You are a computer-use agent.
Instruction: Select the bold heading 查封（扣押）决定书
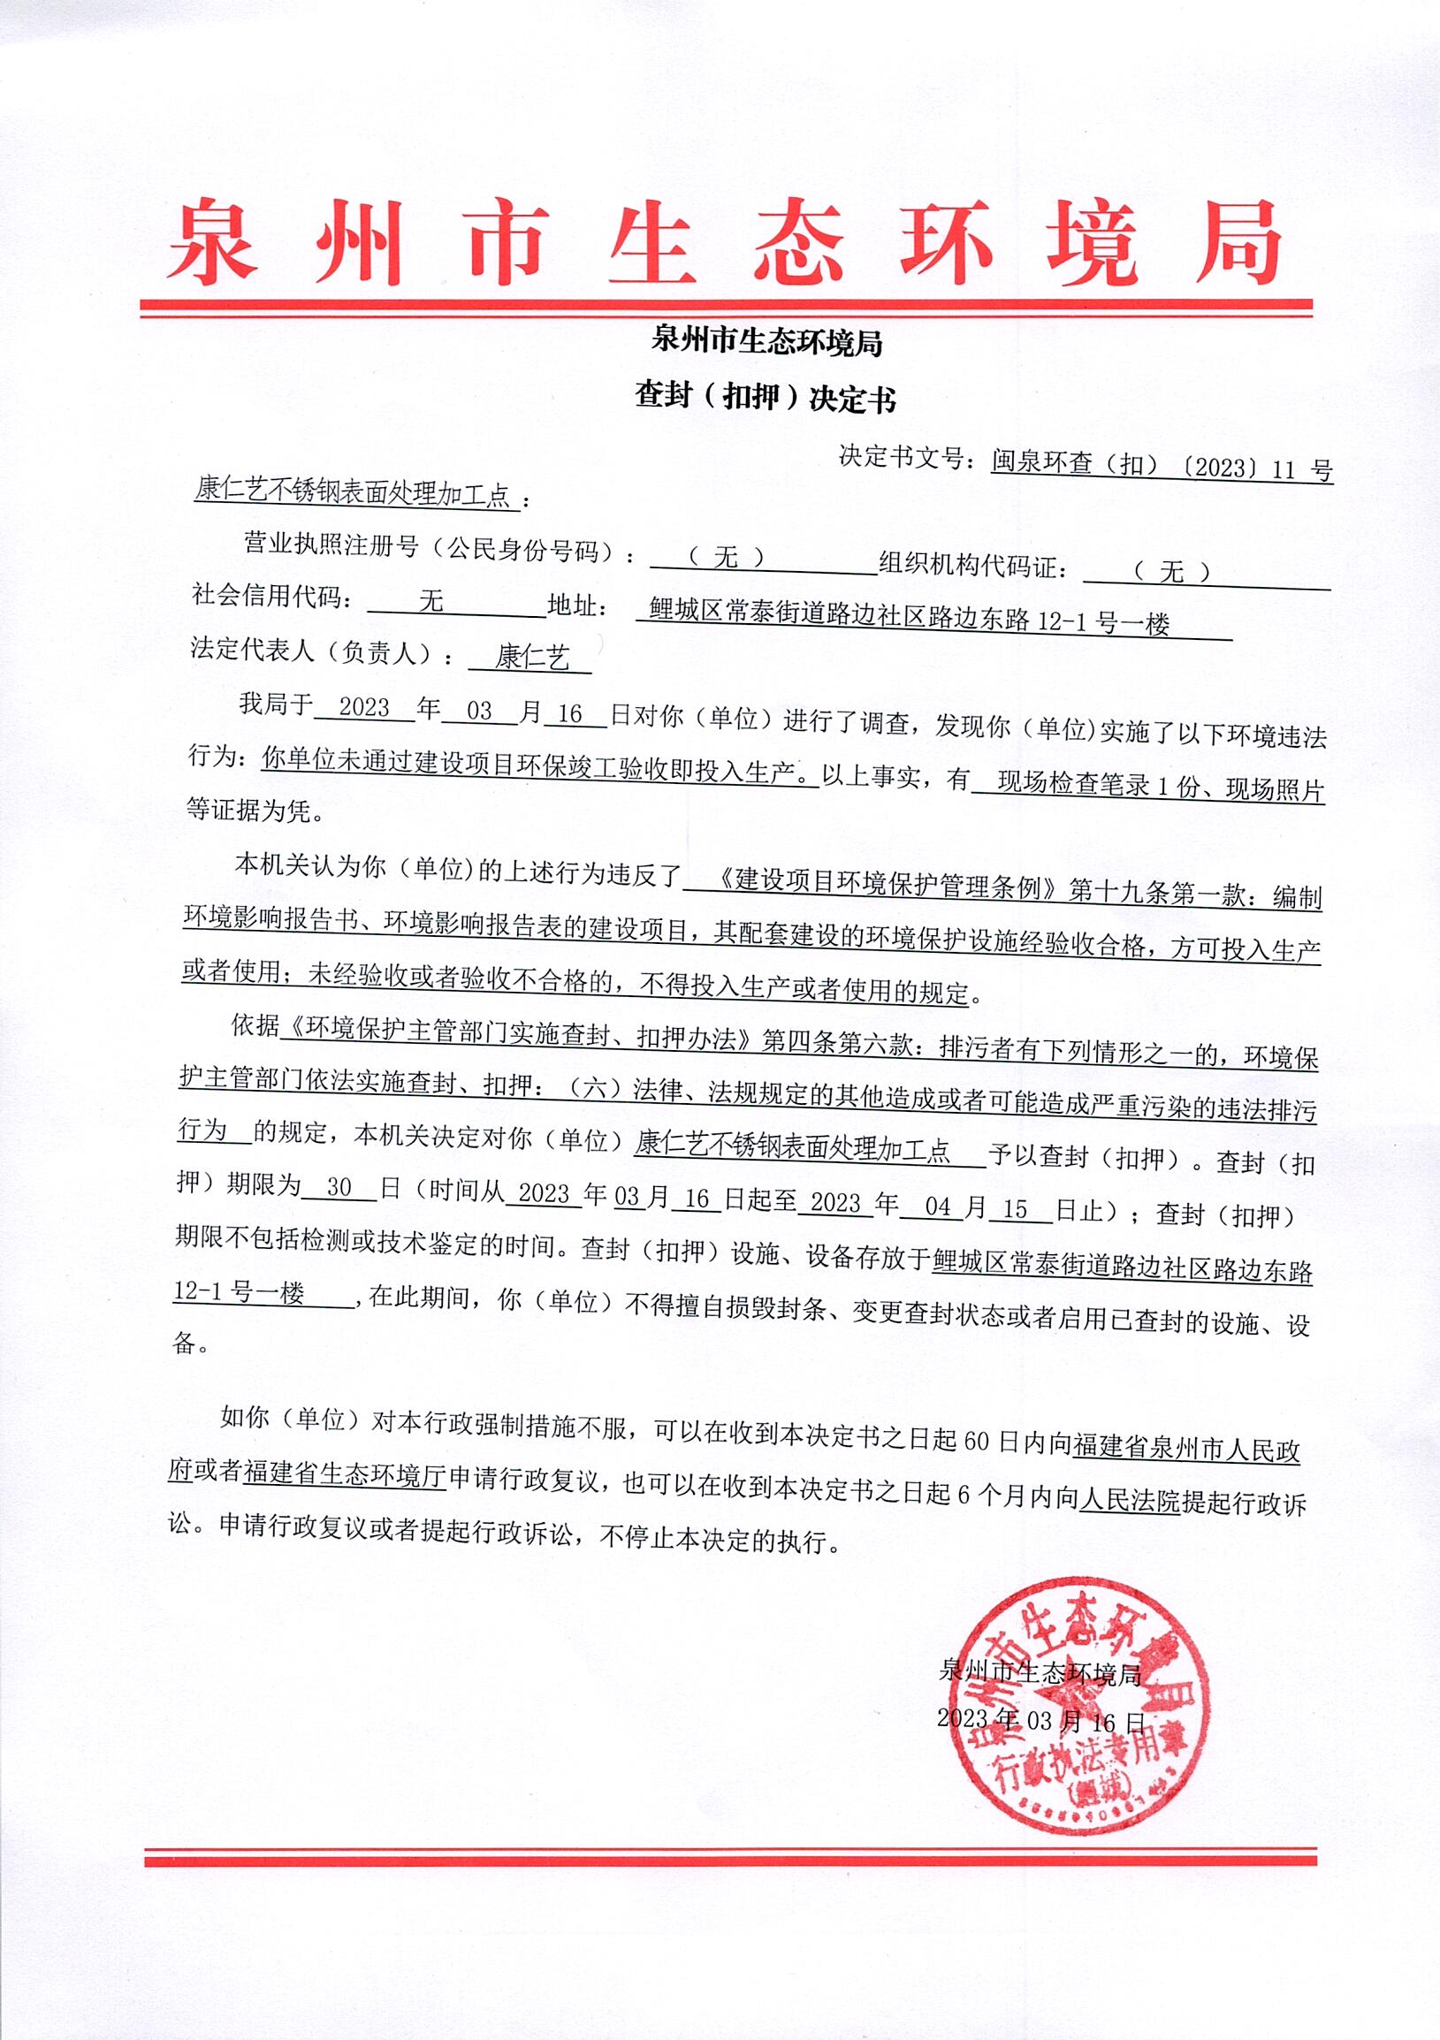(765, 397)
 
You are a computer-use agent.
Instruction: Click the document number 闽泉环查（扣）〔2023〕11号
(1162, 466)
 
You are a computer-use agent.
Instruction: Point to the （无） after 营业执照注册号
(726, 557)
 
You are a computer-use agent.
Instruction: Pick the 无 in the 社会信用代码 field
(430, 602)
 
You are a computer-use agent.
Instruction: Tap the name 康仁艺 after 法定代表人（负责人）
(532, 658)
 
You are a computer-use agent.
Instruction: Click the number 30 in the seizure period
(339, 1188)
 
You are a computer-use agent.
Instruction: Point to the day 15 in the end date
(1015, 1208)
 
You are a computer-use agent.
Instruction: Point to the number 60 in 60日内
(975, 1441)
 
